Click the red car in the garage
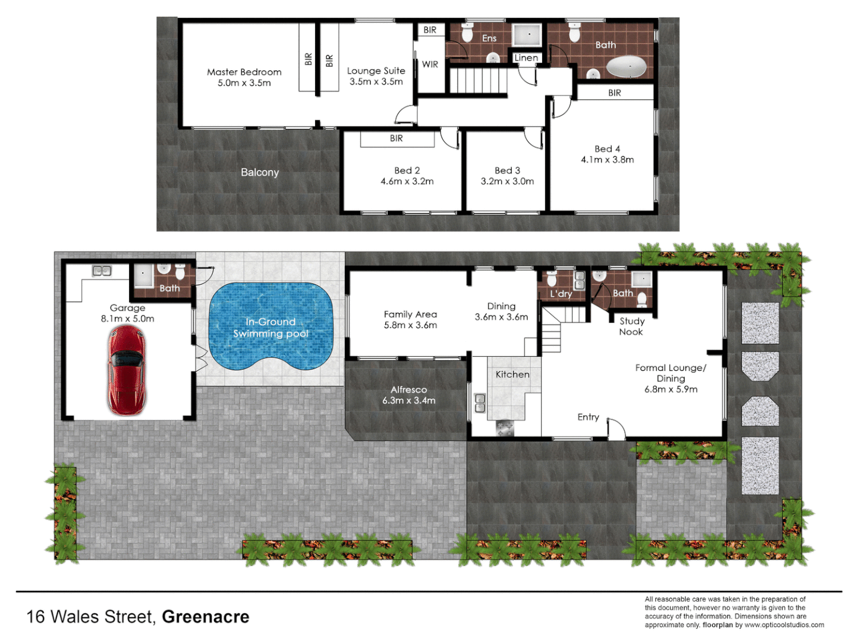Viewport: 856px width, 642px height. click(x=127, y=370)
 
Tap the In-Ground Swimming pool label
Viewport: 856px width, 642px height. click(x=270, y=328)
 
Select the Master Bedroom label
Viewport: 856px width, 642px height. click(x=244, y=72)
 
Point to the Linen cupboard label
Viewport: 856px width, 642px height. click(x=526, y=58)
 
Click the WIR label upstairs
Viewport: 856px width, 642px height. click(x=430, y=64)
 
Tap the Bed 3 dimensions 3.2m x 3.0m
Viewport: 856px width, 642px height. click(x=507, y=181)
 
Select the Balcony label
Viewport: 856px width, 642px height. click(x=260, y=172)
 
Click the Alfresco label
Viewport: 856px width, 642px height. click(x=408, y=390)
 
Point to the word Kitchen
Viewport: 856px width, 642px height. click(x=512, y=374)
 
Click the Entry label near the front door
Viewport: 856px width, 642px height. click(x=588, y=417)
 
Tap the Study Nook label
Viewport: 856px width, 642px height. click(x=631, y=326)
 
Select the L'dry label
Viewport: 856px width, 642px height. click(x=561, y=294)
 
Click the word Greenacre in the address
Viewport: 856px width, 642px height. click(x=205, y=617)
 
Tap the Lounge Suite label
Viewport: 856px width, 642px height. click(x=376, y=71)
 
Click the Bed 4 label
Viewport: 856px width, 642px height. click(x=607, y=149)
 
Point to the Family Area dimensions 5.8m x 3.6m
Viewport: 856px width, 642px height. click(x=410, y=325)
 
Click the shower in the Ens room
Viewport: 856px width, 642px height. click(x=527, y=35)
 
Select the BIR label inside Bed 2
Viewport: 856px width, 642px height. click(x=396, y=139)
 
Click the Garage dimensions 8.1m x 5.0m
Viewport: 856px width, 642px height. click(x=127, y=319)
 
